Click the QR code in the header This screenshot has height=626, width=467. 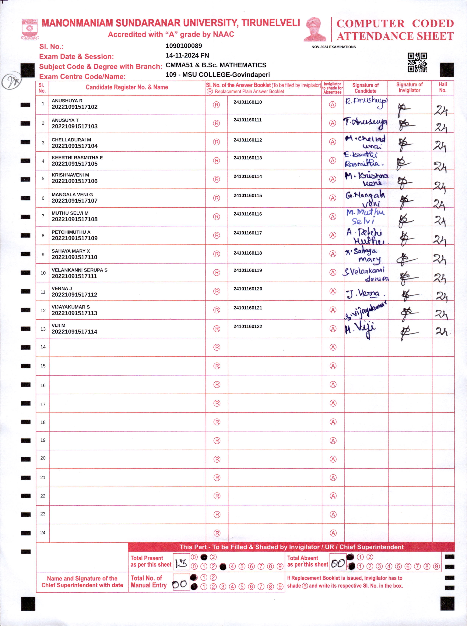(417, 63)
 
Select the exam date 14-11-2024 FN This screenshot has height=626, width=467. (187, 56)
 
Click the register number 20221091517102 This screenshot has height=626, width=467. (75, 107)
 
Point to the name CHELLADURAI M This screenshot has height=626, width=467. (71, 140)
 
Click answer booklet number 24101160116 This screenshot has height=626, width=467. (248, 214)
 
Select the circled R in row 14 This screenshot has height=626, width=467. (217, 347)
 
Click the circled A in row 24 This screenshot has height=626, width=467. (333, 533)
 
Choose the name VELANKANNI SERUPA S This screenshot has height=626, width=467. (79, 270)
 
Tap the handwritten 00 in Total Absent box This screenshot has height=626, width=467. (338, 564)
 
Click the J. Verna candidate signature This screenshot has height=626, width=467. (364, 294)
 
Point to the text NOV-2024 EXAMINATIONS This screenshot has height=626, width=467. (334, 47)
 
